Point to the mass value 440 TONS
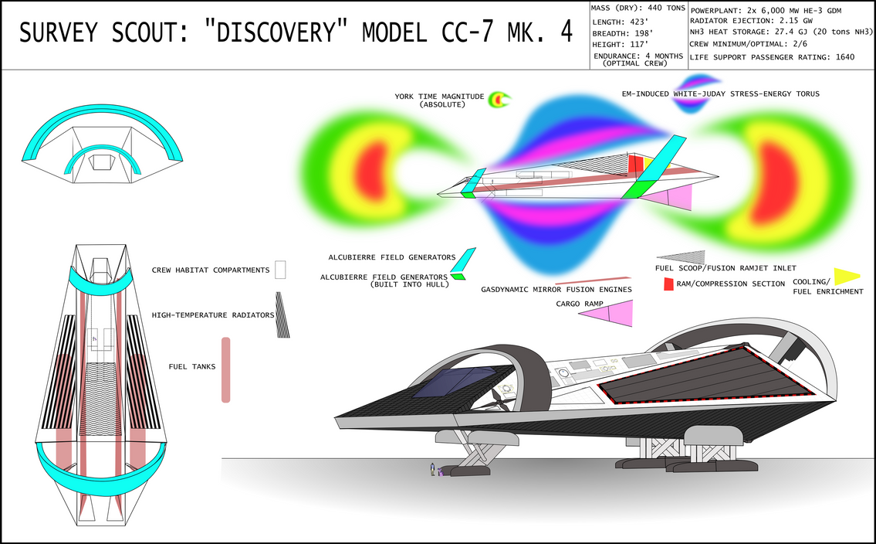point(667,8)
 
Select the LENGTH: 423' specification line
point(616,22)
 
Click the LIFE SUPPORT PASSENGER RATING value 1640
point(844,57)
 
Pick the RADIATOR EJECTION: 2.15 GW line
point(751,21)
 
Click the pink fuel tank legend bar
point(225,369)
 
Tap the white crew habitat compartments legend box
point(280,270)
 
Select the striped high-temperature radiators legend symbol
point(282,314)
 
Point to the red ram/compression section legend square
point(668,284)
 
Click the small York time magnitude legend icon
point(499,100)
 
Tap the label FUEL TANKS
point(192,367)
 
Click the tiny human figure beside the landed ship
point(432,469)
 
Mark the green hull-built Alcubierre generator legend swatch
point(458,276)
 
